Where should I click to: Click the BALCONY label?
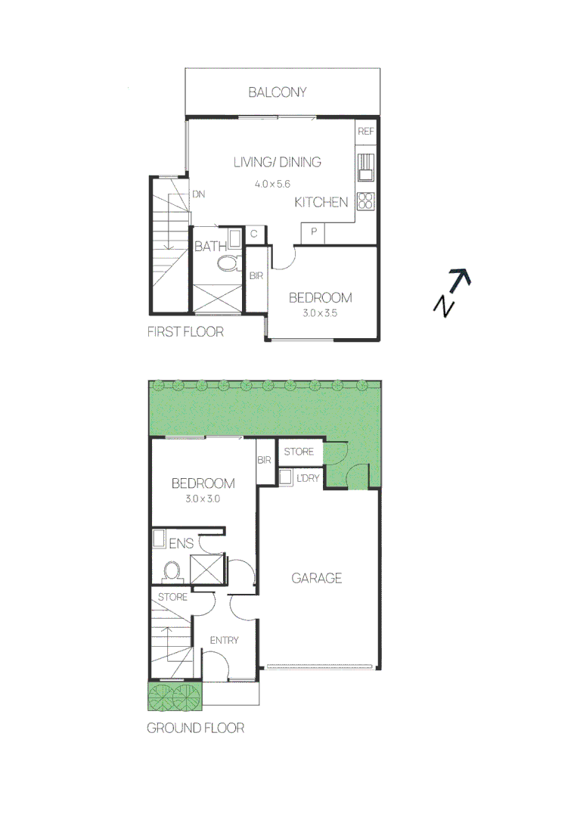278,92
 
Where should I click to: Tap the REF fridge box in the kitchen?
366,131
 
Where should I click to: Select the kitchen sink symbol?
366,166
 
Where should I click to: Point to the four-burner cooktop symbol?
366,201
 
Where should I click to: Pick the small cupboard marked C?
254,234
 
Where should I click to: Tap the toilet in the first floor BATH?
226,263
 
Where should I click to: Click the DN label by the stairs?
198,194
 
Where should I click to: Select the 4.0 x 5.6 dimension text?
273,184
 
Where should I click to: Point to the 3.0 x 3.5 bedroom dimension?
320,315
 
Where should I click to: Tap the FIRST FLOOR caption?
185,332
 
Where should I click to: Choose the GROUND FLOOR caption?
195,728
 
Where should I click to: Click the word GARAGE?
317,579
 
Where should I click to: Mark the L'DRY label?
308,478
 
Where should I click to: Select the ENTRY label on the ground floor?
224,641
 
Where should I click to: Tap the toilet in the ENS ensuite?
172,570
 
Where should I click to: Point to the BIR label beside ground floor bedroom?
264,460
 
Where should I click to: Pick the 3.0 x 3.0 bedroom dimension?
202,499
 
